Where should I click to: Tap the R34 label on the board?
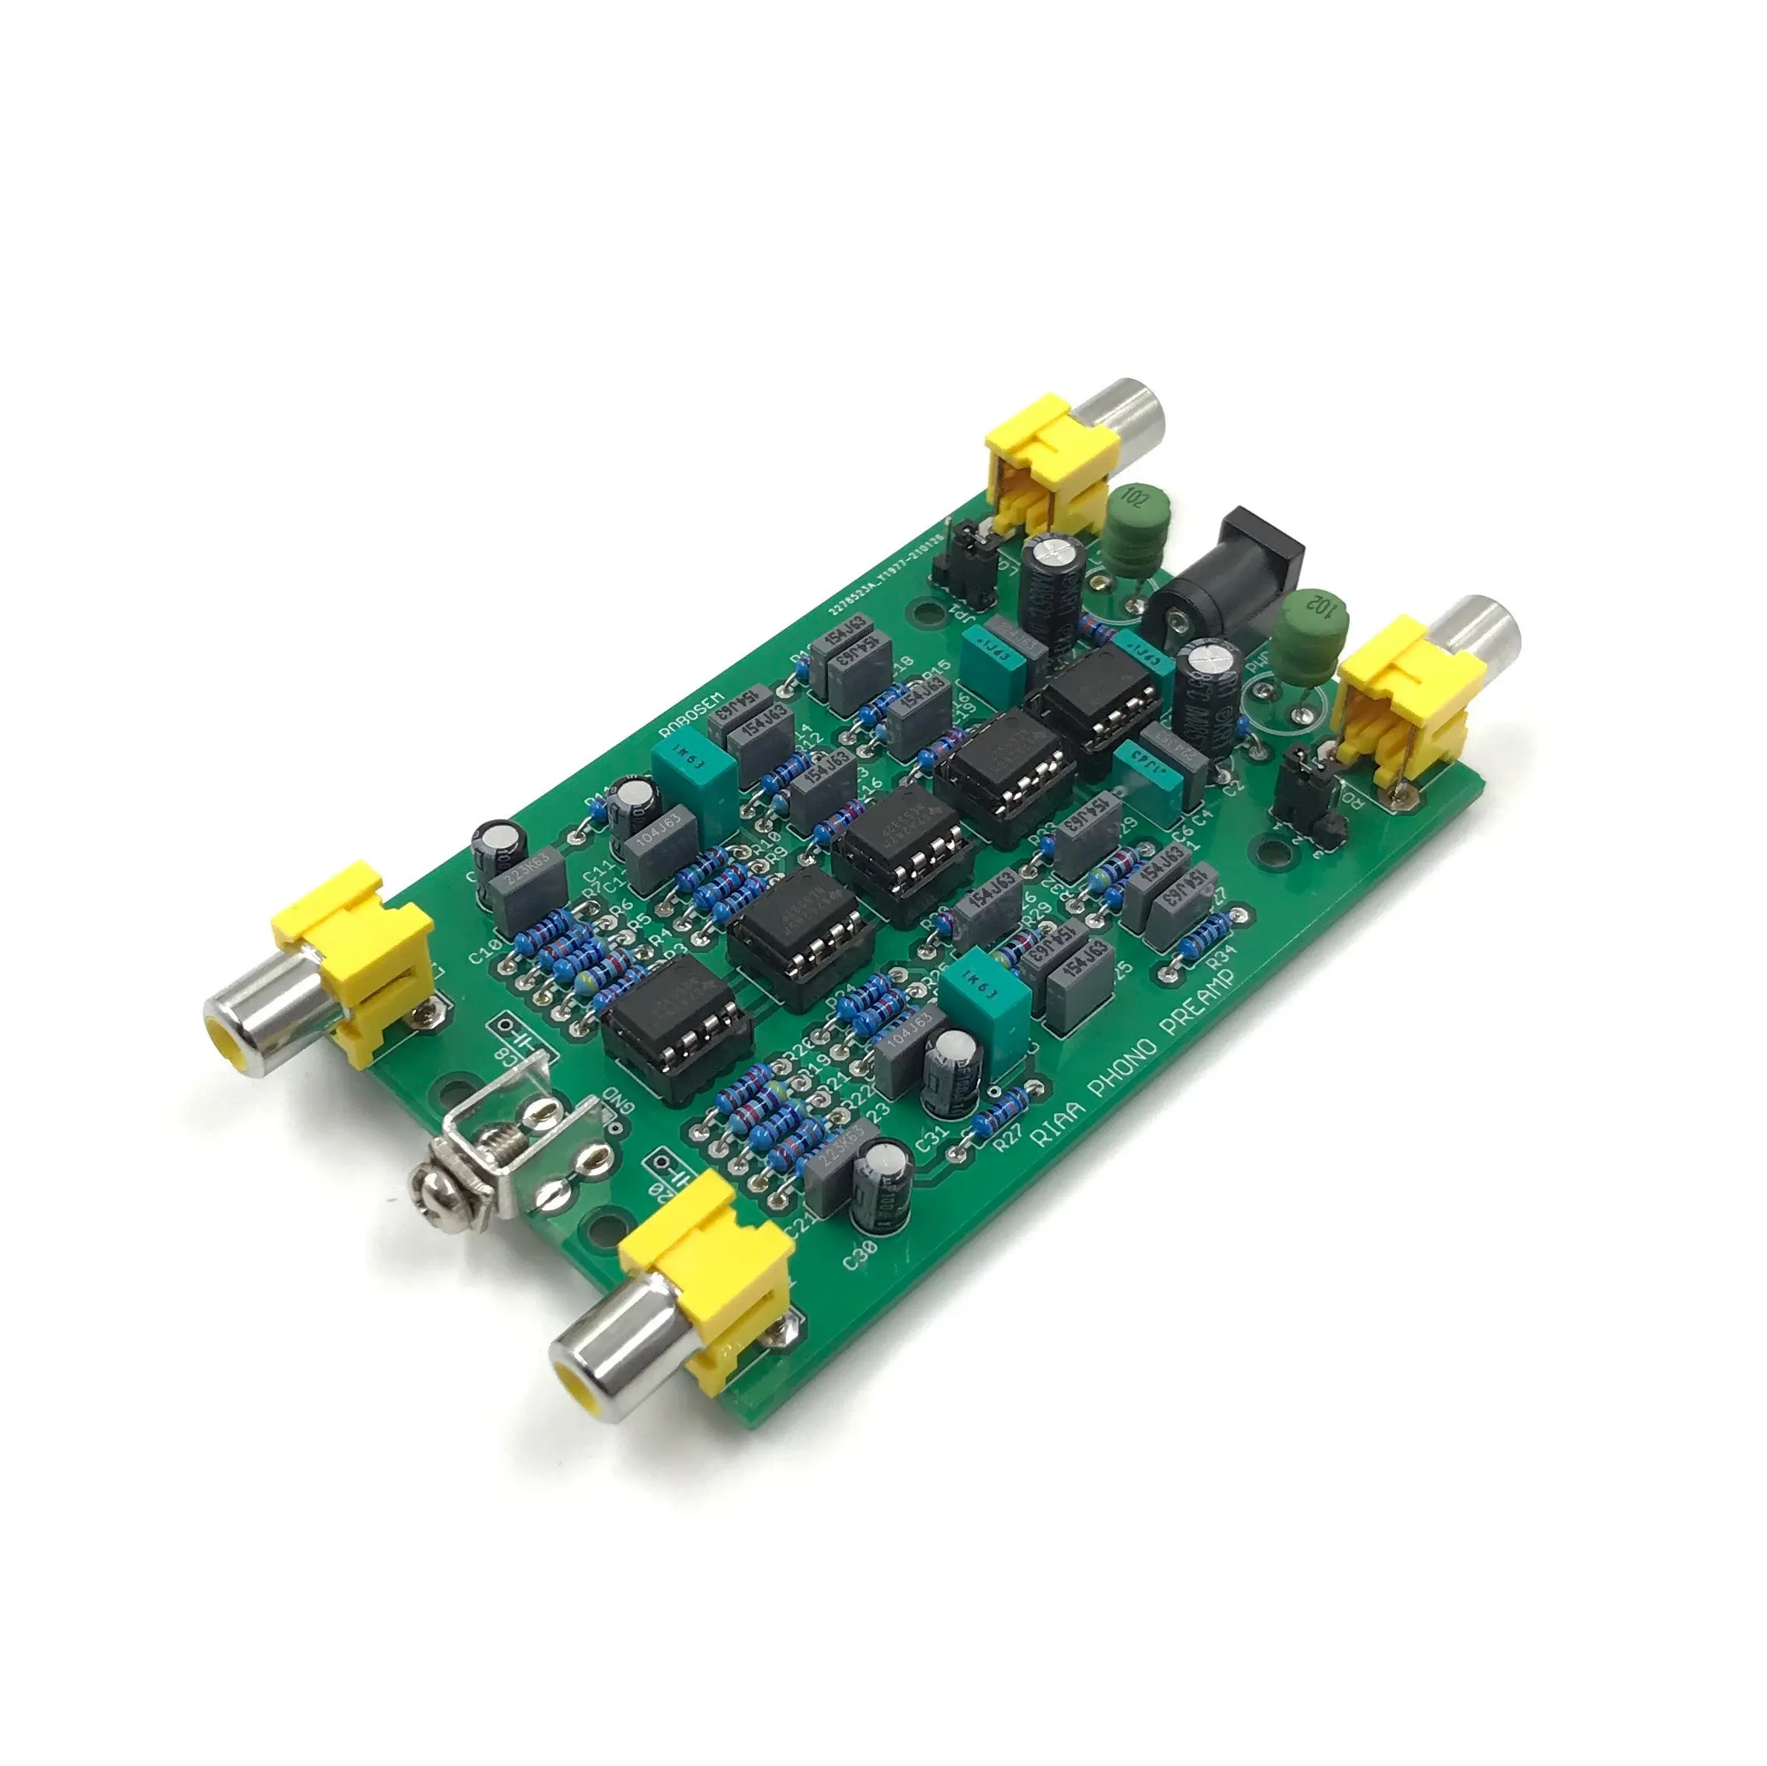pyautogui.click(x=1223, y=958)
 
